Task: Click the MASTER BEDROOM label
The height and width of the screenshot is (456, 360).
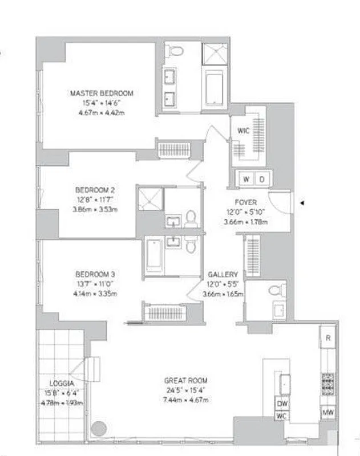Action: pos(102,93)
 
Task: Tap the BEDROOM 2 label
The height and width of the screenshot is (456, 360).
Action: pos(95,190)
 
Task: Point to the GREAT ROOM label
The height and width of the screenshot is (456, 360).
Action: pos(185,380)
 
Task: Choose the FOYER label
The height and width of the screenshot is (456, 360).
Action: pos(246,202)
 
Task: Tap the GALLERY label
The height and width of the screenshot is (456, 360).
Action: pos(223,274)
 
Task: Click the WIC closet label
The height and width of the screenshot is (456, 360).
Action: pos(244,131)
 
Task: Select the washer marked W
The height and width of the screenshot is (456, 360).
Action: pos(246,179)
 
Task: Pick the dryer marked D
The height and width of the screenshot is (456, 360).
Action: pos(262,179)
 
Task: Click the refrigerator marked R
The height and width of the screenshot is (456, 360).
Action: pos(328,337)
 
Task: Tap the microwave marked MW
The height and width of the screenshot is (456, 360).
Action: pos(327,412)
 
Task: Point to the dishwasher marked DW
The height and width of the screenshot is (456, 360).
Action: pos(282,404)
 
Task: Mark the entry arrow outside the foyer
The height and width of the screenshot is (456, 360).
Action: pos(302,202)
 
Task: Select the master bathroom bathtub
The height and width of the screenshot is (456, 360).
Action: pos(215,88)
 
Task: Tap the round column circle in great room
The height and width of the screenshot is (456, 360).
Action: pos(99,426)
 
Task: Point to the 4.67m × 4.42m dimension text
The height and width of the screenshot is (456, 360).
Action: pos(102,113)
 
